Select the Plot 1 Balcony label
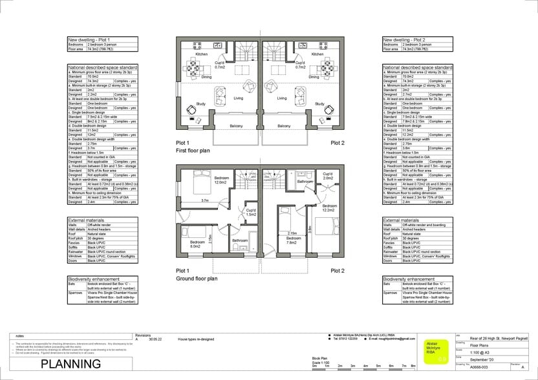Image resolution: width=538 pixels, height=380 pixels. coord(237,126)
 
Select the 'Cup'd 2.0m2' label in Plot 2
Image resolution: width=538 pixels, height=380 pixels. coord(327,176)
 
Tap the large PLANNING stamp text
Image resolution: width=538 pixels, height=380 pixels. coord(70,364)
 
